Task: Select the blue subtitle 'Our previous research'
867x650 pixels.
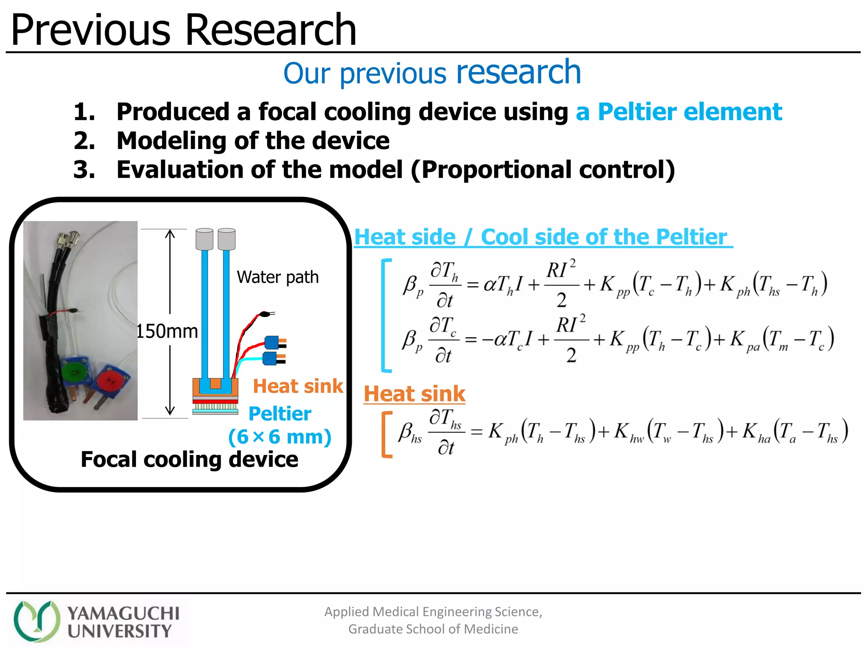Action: pyautogui.click(x=432, y=73)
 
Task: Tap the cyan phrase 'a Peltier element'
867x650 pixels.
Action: pyautogui.click(x=679, y=112)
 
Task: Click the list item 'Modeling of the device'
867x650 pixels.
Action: pyautogui.click(x=253, y=141)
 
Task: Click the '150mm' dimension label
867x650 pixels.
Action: pyautogui.click(x=167, y=331)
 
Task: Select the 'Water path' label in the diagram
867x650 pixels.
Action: pyautogui.click(x=278, y=277)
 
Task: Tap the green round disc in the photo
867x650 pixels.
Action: pyautogui.click(x=75, y=372)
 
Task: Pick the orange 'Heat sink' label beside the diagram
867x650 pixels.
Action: pyautogui.click(x=298, y=386)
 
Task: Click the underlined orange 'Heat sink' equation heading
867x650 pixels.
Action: pyautogui.click(x=414, y=394)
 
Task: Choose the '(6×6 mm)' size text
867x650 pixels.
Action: pyautogui.click(x=280, y=437)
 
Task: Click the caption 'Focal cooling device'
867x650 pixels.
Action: pyautogui.click(x=189, y=460)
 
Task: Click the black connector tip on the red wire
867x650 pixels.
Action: pyautogui.click(x=265, y=314)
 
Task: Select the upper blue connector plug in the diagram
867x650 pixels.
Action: pyautogui.click(x=272, y=342)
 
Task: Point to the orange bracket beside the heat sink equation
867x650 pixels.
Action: pyautogui.click(x=386, y=434)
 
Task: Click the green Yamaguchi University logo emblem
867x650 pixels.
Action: pyautogui.click(x=37, y=621)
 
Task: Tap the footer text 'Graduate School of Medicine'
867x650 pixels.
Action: pyautogui.click(x=433, y=629)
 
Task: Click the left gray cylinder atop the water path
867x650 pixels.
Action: pyautogui.click(x=204, y=239)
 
